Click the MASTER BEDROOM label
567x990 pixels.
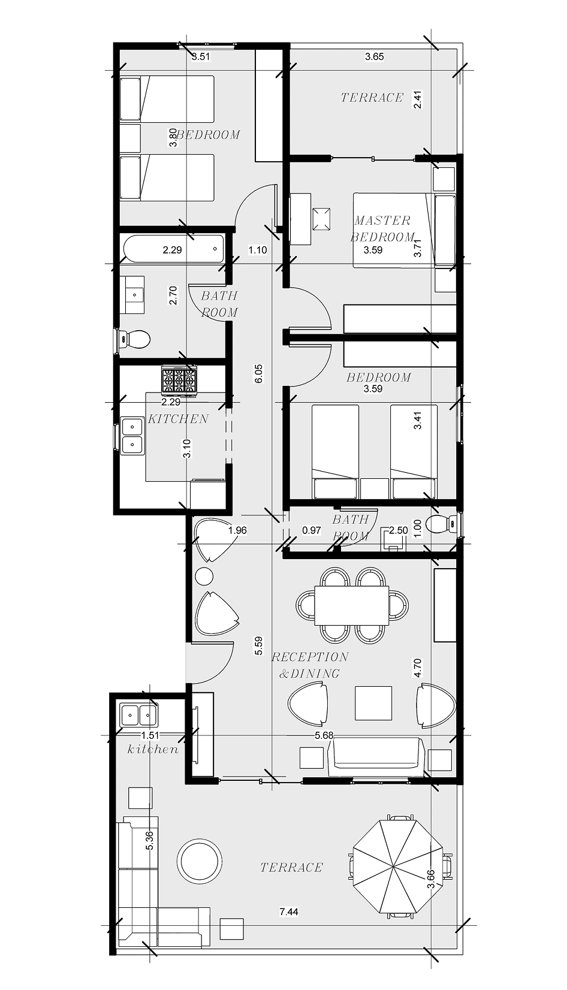click(x=382, y=228)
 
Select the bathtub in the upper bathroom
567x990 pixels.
click(x=173, y=249)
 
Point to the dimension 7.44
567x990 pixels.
click(x=289, y=911)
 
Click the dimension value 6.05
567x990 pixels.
click(x=258, y=373)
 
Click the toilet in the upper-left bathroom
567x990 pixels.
click(x=134, y=339)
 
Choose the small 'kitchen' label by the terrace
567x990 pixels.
click(x=153, y=749)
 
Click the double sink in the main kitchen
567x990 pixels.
click(x=132, y=435)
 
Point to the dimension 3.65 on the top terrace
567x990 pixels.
click(x=374, y=57)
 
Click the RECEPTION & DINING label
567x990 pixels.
click(x=310, y=665)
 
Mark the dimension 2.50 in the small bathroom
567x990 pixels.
click(x=399, y=530)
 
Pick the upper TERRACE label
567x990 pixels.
click(x=372, y=98)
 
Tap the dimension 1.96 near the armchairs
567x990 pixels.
click(x=237, y=530)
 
